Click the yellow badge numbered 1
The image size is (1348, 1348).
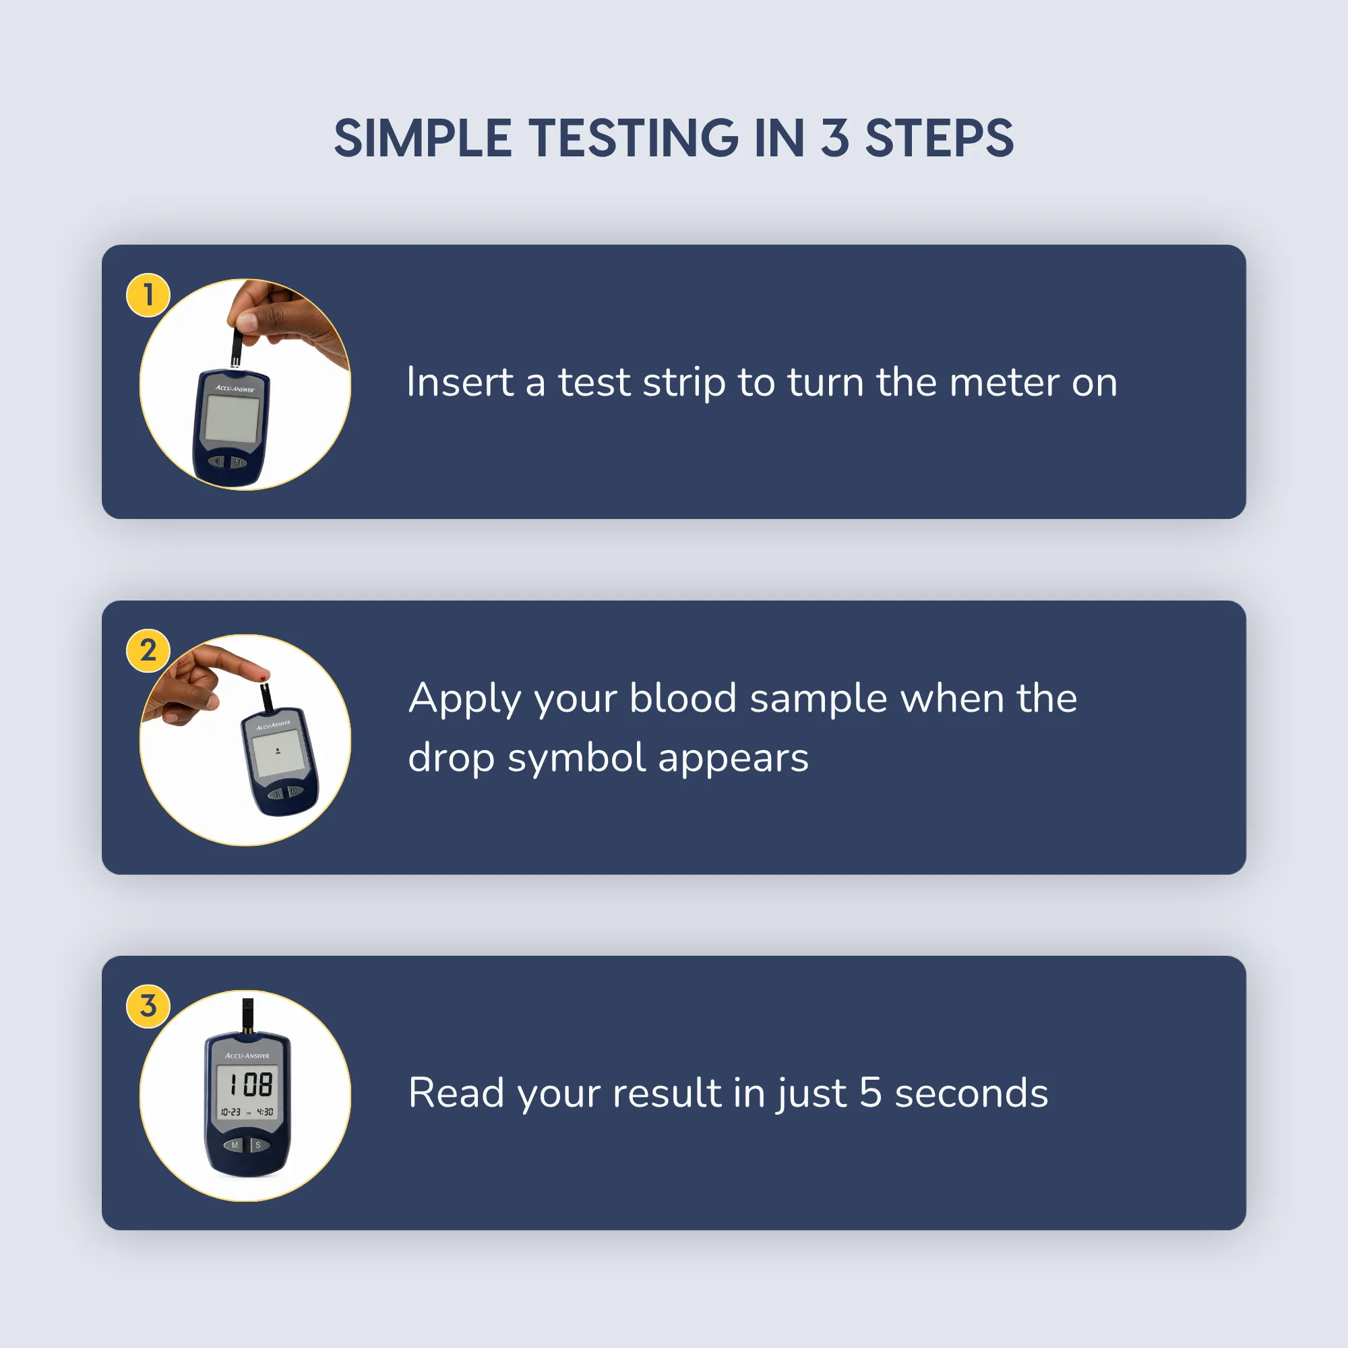pos(148,295)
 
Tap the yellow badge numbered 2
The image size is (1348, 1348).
pos(148,650)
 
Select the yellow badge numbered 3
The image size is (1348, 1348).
pos(148,1006)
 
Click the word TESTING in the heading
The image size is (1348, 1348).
pos(633,138)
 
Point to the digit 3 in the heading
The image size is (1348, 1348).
pos(834,138)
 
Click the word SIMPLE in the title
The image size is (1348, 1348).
pos(423,138)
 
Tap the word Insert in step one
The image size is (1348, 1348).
pos(460,382)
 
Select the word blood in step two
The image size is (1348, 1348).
pos(683,698)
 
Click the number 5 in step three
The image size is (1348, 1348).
pos(871,1093)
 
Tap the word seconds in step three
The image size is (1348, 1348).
pos(971,1093)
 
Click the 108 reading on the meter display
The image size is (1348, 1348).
pos(251,1085)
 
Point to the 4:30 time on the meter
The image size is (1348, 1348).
pos(265,1112)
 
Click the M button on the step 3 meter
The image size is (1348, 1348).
pos(234,1145)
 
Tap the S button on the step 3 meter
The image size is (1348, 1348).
pos(258,1145)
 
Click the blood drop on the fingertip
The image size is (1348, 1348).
pos(263,677)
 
